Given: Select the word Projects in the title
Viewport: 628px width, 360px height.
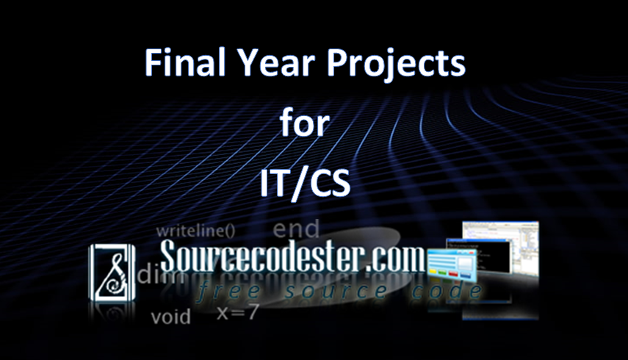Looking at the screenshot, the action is click(x=397, y=65).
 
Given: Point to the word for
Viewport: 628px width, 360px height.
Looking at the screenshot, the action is click(x=305, y=123).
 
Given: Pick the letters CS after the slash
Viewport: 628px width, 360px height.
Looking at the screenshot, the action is click(x=330, y=183).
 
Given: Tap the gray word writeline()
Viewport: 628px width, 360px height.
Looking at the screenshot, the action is click(x=195, y=231).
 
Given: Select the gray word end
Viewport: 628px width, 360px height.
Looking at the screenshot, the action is click(x=296, y=228).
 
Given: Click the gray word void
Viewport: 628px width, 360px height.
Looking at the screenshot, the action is click(x=170, y=317).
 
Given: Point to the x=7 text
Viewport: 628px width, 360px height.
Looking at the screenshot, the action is click(x=237, y=312).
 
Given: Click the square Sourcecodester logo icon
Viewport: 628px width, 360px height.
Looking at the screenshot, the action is click(x=112, y=273).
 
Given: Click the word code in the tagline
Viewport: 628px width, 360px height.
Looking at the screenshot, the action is click(x=447, y=291).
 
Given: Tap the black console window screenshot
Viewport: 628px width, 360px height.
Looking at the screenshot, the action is click(x=479, y=256).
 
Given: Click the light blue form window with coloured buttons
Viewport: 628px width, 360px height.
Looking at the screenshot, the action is click(x=452, y=264).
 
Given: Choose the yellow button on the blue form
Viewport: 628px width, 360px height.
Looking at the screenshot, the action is click(x=433, y=273).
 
